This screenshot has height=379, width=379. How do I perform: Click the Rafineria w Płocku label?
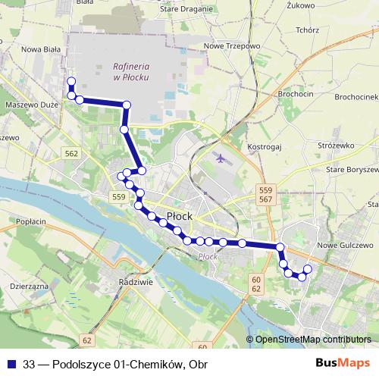(x=129, y=71)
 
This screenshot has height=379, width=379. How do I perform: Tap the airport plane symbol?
(x=221, y=160)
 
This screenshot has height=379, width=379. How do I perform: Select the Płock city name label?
(x=179, y=216)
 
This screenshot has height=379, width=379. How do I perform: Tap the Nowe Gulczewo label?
(x=345, y=246)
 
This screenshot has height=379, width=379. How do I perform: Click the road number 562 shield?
(x=72, y=153)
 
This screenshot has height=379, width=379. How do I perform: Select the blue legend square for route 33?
(x=11, y=363)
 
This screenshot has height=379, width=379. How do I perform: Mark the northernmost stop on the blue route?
(x=70, y=81)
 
